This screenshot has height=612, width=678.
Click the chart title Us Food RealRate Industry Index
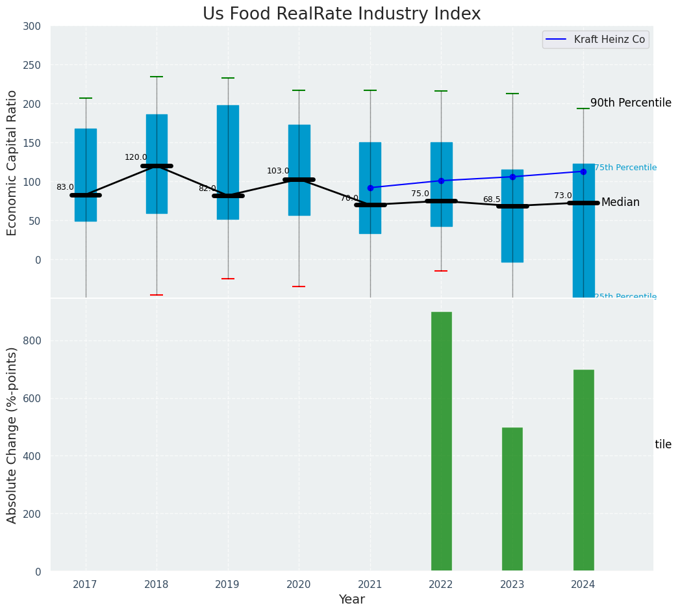pos(342,14)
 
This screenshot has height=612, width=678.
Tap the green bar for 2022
pos(442,441)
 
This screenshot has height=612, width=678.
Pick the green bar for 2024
pos(583,470)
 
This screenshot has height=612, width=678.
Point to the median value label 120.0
pos(136,157)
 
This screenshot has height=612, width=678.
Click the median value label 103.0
pos(278,171)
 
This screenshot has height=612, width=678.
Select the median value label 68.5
pos(492,199)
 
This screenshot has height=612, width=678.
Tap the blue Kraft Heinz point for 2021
pos(370,188)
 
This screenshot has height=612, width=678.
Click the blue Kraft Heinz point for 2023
pos(512,177)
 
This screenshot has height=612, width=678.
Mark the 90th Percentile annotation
pos(631,103)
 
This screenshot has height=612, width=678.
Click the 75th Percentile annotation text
pos(625,168)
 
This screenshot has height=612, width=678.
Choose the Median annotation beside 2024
pos(620,203)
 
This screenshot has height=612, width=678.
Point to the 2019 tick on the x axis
pos(227,585)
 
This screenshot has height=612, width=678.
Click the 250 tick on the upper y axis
pos(31,65)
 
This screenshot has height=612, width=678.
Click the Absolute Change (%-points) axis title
pos(12,435)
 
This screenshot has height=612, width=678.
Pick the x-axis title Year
pos(351,600)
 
